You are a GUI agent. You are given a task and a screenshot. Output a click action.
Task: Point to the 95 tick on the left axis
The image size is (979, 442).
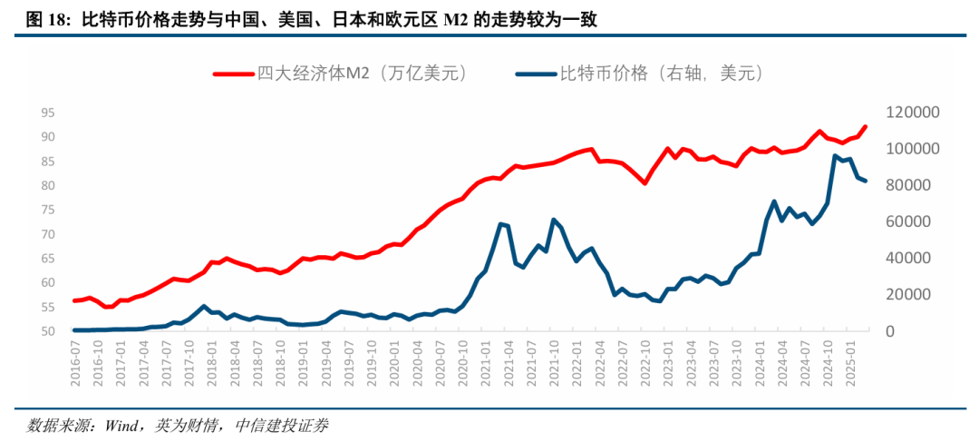click(x=48, y=113)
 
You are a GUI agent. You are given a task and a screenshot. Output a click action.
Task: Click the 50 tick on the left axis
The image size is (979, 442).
click(x=48, y=331)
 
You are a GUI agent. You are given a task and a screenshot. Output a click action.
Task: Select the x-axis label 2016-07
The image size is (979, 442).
click(x=76, y=359)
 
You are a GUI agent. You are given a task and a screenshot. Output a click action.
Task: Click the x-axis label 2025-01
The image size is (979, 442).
click(x=850, y=359)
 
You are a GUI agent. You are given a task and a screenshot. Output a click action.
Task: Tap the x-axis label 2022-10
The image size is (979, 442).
click(x=645, y=359)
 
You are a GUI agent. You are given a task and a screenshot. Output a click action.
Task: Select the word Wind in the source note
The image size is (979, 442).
click(x=119, y=424)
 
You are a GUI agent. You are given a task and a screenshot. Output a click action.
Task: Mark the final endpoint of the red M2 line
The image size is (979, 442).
click(x=866, y=127)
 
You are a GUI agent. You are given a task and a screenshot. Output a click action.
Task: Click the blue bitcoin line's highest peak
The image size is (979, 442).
click(x=835, y=156)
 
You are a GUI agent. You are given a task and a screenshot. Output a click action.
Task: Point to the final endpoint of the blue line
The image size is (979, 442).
click(x=866, y=182)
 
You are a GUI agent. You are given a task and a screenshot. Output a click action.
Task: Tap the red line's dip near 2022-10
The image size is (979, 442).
click(x=645, y=183)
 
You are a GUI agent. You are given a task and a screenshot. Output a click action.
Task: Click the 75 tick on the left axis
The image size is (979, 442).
click(x=48, y=210)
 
